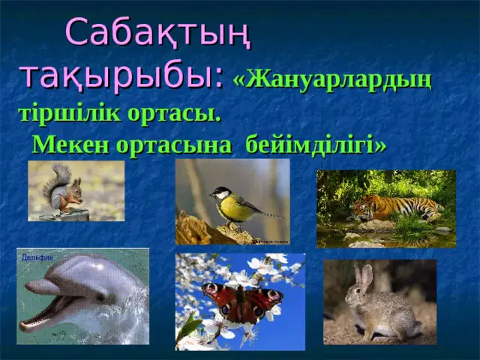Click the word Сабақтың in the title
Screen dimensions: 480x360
click(x=158, y=33)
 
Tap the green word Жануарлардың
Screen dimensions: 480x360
click(x=332, y=82)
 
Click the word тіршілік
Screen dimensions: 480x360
click(x=70, y=114)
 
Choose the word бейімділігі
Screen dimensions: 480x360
click(x=316, y=145)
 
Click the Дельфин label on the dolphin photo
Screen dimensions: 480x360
click(x=37, y=258)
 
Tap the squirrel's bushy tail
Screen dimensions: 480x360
click(x=56, y=180)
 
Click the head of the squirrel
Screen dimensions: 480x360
click(x=76, y=187)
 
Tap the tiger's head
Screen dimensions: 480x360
click(x=364, y=209)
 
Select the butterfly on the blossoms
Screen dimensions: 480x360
click(x=242, y=302)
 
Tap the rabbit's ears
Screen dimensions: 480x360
click(x=364, y=275)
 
